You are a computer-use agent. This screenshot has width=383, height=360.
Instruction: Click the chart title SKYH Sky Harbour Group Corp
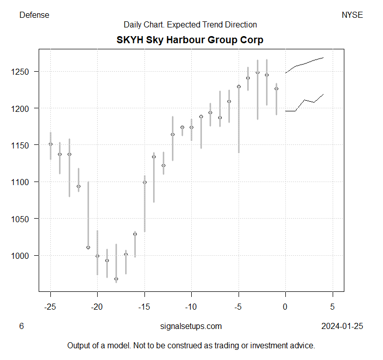(190, 40)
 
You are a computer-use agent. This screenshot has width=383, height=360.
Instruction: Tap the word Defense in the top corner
(34, 15)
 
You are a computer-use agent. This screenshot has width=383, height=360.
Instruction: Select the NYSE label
(352, 15)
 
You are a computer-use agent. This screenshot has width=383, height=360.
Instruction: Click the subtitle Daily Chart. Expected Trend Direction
(190, 24)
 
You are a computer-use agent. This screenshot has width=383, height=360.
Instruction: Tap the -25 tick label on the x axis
(50, 307)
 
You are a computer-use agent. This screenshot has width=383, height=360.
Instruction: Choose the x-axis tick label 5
(333, 307)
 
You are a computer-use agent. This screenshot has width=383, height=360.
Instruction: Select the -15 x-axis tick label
(144, 307)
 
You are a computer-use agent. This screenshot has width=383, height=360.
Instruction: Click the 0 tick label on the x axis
(285, 307)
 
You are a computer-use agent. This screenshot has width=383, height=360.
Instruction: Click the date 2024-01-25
(342, 326)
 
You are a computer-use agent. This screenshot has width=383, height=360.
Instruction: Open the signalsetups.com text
(190, 326)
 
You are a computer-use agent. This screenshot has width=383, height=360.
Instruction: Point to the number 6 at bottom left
(21, 326)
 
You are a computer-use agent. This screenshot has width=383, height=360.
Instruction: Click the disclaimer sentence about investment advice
(191, 345)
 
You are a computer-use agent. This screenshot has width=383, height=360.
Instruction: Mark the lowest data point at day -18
(116, 279)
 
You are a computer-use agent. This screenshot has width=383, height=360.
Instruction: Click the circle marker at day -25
(50, 144)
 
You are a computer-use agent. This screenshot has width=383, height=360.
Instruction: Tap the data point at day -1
(276, 88)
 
